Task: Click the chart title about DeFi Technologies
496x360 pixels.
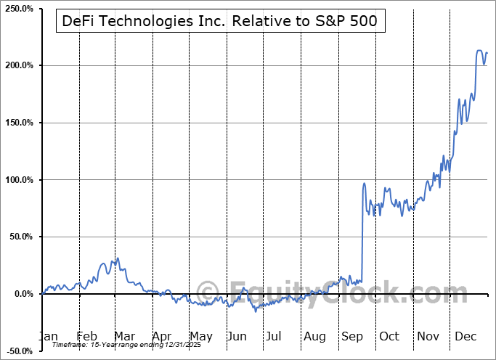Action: (x=219, y=21)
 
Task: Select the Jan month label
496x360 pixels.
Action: (x=48, y=337)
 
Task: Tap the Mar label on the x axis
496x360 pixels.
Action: (x=123, y=337)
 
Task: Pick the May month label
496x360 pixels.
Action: (x=200, y=337)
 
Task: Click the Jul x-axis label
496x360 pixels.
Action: (x=275, y=337)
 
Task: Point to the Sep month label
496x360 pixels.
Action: (x=351, y=337)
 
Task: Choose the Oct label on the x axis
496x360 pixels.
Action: (x=389, y=337)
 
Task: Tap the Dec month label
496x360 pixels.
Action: (x=465, y=337)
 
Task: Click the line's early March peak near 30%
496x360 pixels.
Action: (x=118, y=258)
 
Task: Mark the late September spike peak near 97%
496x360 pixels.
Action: (x=364, y=183)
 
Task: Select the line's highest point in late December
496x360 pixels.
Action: (x=479, y=50)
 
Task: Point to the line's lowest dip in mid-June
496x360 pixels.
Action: (x=255, y=311)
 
